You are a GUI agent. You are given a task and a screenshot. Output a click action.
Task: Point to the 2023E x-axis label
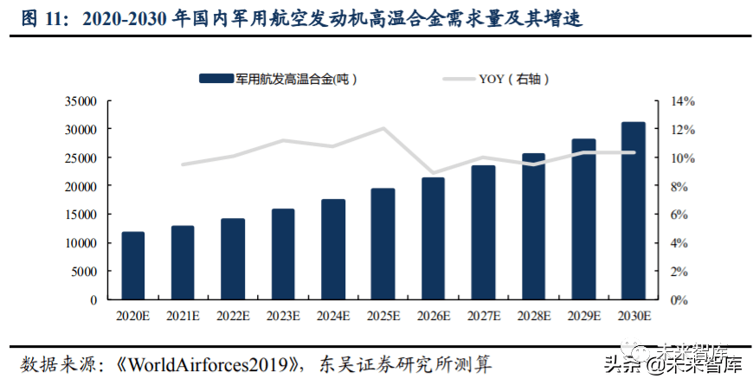pyautogui.click(x=283, y=317)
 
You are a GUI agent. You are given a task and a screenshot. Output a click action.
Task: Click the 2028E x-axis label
pyautogui.click(x=533, y=317)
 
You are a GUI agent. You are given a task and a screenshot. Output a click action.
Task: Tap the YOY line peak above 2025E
pyautogui.click(x=383, y=128)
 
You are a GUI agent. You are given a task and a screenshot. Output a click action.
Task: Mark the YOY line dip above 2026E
pyautogui.click(x=434, y=173)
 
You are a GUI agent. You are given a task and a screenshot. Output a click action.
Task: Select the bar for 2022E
pyautogui.click(x=233, y=259)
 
